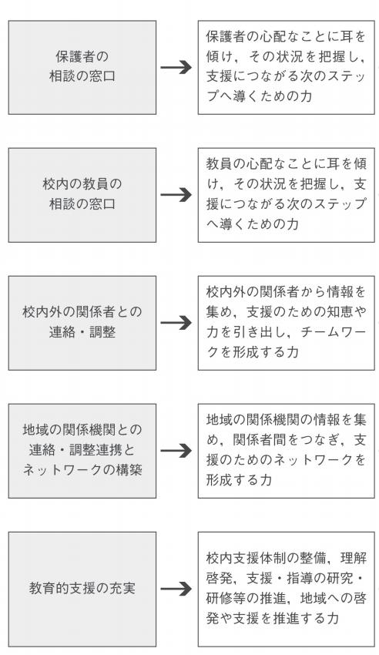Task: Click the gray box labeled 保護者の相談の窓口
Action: [x=82, y=67]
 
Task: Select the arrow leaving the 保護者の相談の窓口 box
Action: [x=176, y=67]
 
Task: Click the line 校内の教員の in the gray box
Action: [x=82, y=184]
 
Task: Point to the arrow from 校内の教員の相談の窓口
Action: [x=176, y=195]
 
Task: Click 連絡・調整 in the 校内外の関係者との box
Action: [x=82, y=332]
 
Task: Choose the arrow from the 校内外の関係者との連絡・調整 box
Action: [x=176, y=323]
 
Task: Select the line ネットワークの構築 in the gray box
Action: [x=82, y=470]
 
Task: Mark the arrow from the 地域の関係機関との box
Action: [x=176, y=451]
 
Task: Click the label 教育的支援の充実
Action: [x=82, y=589]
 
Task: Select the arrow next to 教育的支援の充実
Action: [x=176, y=589]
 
